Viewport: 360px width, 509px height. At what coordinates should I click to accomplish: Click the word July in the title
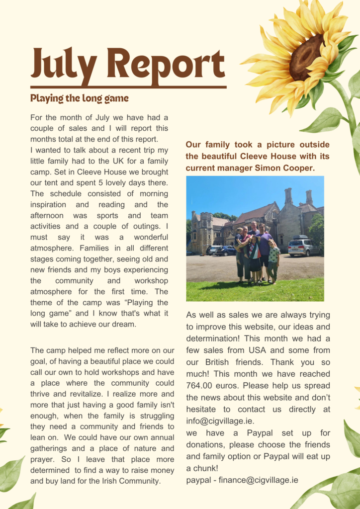click(x=64, y=65)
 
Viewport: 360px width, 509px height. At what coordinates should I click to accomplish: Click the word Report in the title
click(x=166, y=65)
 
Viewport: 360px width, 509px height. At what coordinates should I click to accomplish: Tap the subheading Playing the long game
click(x=79, y=98)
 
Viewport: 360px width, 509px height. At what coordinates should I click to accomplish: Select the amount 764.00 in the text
click(x=202, y=385)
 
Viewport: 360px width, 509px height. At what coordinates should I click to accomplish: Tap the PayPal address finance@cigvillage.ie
click(x=256, y=480)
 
